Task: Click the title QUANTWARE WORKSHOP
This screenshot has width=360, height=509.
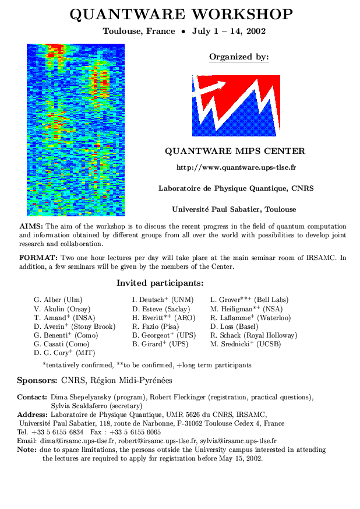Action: [181, 14]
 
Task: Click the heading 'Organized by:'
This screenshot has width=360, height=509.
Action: [239, 57]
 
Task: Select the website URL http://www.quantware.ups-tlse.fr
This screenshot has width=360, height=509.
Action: [236, 167]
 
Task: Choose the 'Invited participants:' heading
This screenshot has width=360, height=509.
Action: [160, 283]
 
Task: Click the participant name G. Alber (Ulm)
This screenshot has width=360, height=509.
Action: [58, 300]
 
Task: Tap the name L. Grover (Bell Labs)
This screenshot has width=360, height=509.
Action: [249, 300]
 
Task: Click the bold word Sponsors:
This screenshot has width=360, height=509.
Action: [37, 381]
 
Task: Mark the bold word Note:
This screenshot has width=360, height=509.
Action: [27, 450]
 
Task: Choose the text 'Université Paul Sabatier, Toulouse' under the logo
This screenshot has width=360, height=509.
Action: [234, 209]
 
